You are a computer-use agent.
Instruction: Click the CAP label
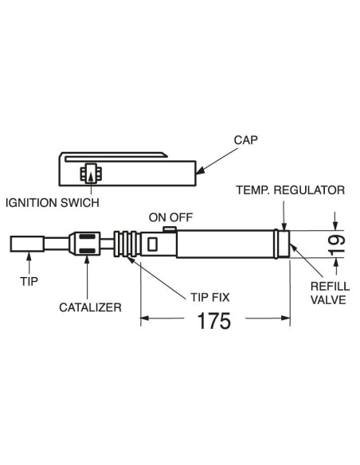pyautogui.click(x=245, y=140)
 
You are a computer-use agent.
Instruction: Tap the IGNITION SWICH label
pyautogui.click(x=53, y=203)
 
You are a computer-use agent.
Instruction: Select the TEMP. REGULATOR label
pyautogui.click(x=291, y=190)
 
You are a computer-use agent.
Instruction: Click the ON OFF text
pyautogui.click(x=170, y=217)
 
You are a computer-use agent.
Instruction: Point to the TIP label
pyautogui.click(x=29, y=281)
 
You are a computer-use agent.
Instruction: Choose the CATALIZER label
pyautogui.click(x=90, y=307)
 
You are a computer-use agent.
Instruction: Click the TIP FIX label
pyautogui.click(x=210, y=297)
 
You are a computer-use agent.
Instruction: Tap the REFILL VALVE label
pyautogui.click(x=330, y=293)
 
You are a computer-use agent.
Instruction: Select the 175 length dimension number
pyautogui.click(x=213, y=321)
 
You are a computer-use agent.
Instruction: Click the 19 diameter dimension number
pyautogui.click(x=337, y=244)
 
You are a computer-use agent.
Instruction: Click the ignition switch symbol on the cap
pyautogui.click(x=91, y=174)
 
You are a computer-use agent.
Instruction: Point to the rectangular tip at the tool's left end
pyautogui.click(x=27, y=244)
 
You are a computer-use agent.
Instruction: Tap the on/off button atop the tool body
pyautogui.click(x=170, y=229)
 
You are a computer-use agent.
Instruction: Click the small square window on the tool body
pyautogui.click(x=152, y=244)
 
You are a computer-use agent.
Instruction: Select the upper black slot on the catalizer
pyautogui.click(x=87, y=236)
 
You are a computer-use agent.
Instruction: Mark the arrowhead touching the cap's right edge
pyautogui.click(x=200, y=170)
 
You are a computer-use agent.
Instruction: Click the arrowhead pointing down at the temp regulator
pyautogui.click(x=284, y=226)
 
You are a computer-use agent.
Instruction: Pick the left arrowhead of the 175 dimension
pyautogui.click(x=144, y=318)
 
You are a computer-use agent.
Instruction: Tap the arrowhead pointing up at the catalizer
pyautogui.click(x=87, y=259)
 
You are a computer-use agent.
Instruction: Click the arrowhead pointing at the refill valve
pyautogui.click(x=293, y=247)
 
